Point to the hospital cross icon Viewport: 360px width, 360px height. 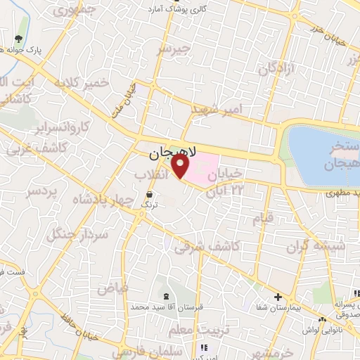278,297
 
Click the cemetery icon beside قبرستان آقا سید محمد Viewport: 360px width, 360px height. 166,296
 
